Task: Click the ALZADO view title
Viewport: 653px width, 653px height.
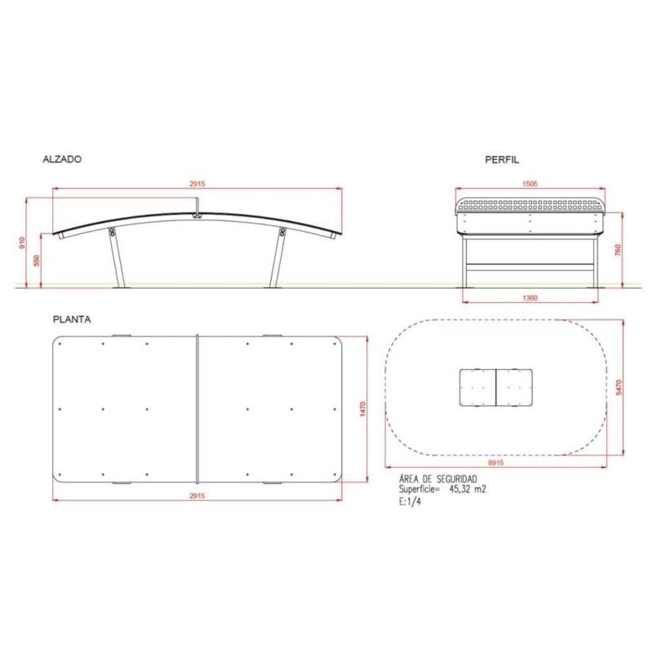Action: coord(61,161)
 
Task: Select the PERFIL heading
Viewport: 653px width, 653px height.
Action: coord(502,161)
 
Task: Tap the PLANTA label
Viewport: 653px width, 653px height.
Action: coord(71,319)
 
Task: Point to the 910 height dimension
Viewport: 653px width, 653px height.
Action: coord(24,242)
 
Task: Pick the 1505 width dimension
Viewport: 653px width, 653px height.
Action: coord(529,184)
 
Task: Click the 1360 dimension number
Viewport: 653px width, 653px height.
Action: coord(529,299)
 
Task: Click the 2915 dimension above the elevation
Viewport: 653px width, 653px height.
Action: coord(197,184)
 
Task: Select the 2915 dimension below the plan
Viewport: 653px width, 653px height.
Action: coord(197,496)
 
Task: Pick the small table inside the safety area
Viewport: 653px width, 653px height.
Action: coord(497,388)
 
